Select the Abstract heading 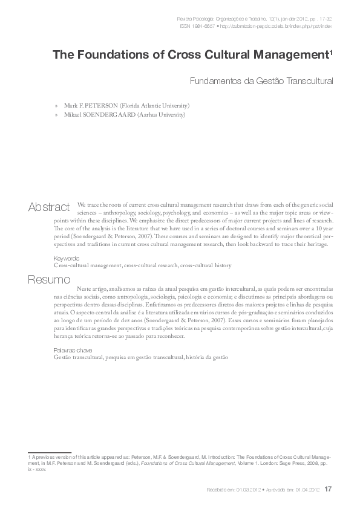pos(48,207)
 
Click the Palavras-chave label pos(71,351)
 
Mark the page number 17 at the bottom pos(329,488)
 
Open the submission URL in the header pos(278,27)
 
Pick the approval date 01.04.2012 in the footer pos(305,489)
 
